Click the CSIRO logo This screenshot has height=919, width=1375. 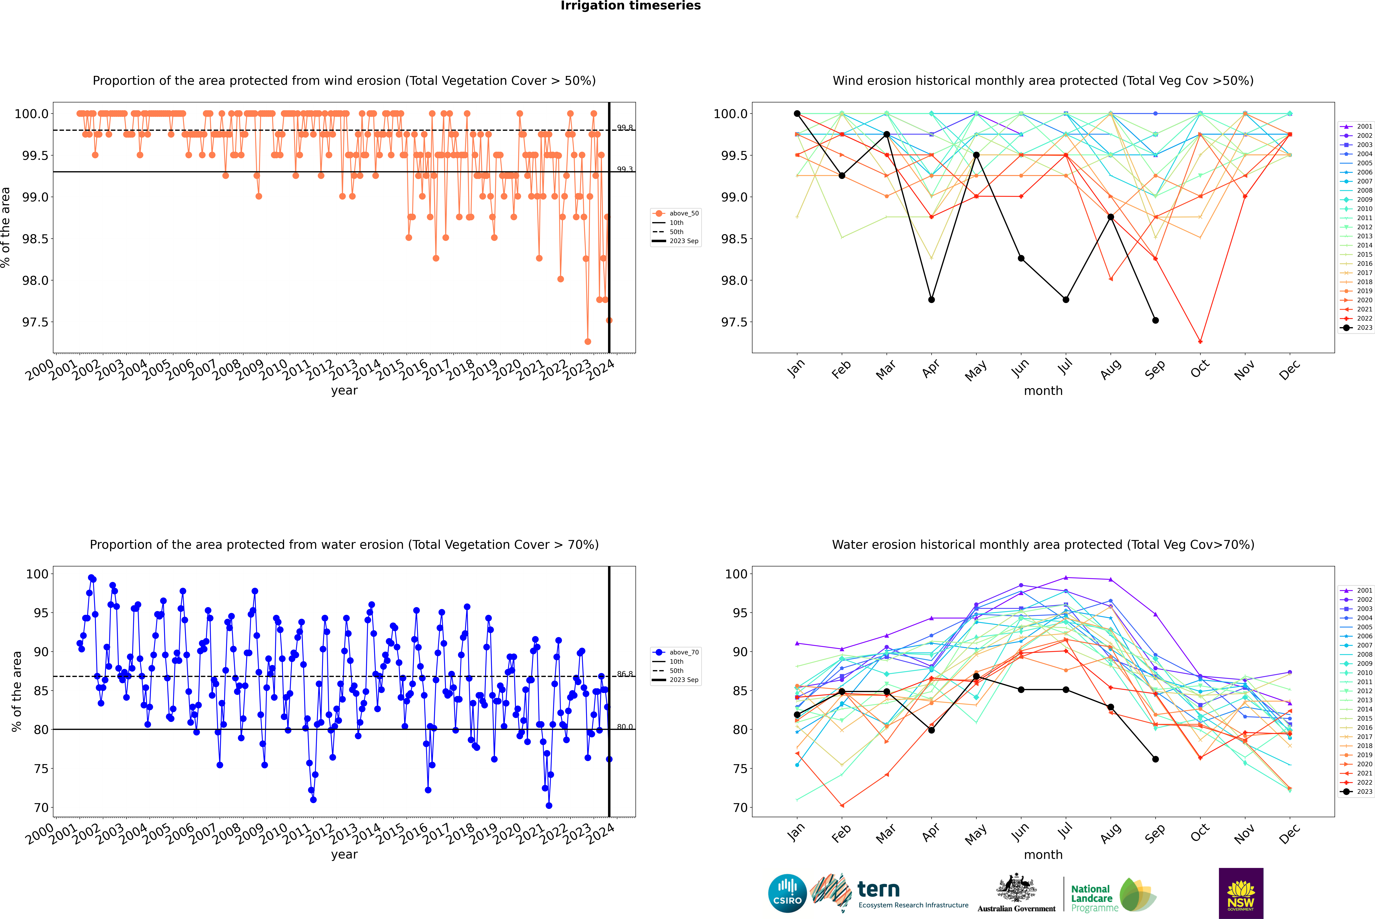(x=787, y=893)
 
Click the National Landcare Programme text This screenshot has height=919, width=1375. (x=1091, y=898)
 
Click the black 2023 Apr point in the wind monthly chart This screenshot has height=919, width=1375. (x=931, y=299)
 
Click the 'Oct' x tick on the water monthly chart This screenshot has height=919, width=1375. (x=1200, y=832)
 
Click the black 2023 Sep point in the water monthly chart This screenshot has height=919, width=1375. (x=1155, y=759)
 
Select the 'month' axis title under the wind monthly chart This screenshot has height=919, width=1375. (x=1043, y=391)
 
